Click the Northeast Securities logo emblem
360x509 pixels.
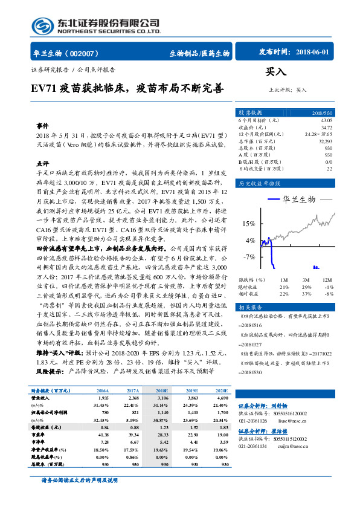click(x=43, y=25)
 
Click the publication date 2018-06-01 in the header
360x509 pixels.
click(x=313, y=53)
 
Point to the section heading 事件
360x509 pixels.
click(x=42, y=125)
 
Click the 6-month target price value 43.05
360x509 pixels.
click(x=326, y=120)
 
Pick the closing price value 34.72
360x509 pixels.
click(x=326, y=128)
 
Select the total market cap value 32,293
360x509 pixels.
click(x=325, y=141)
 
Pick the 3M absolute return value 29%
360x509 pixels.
click(x=306, y=287)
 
